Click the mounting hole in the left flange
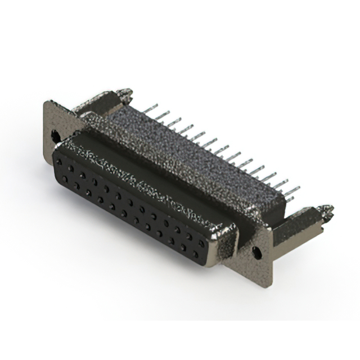coord(55,135)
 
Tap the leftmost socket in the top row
coord(60,161)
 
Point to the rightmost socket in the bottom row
coord(195,254)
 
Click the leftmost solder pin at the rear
coord(148,107)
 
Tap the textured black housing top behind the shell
coord(186,152)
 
